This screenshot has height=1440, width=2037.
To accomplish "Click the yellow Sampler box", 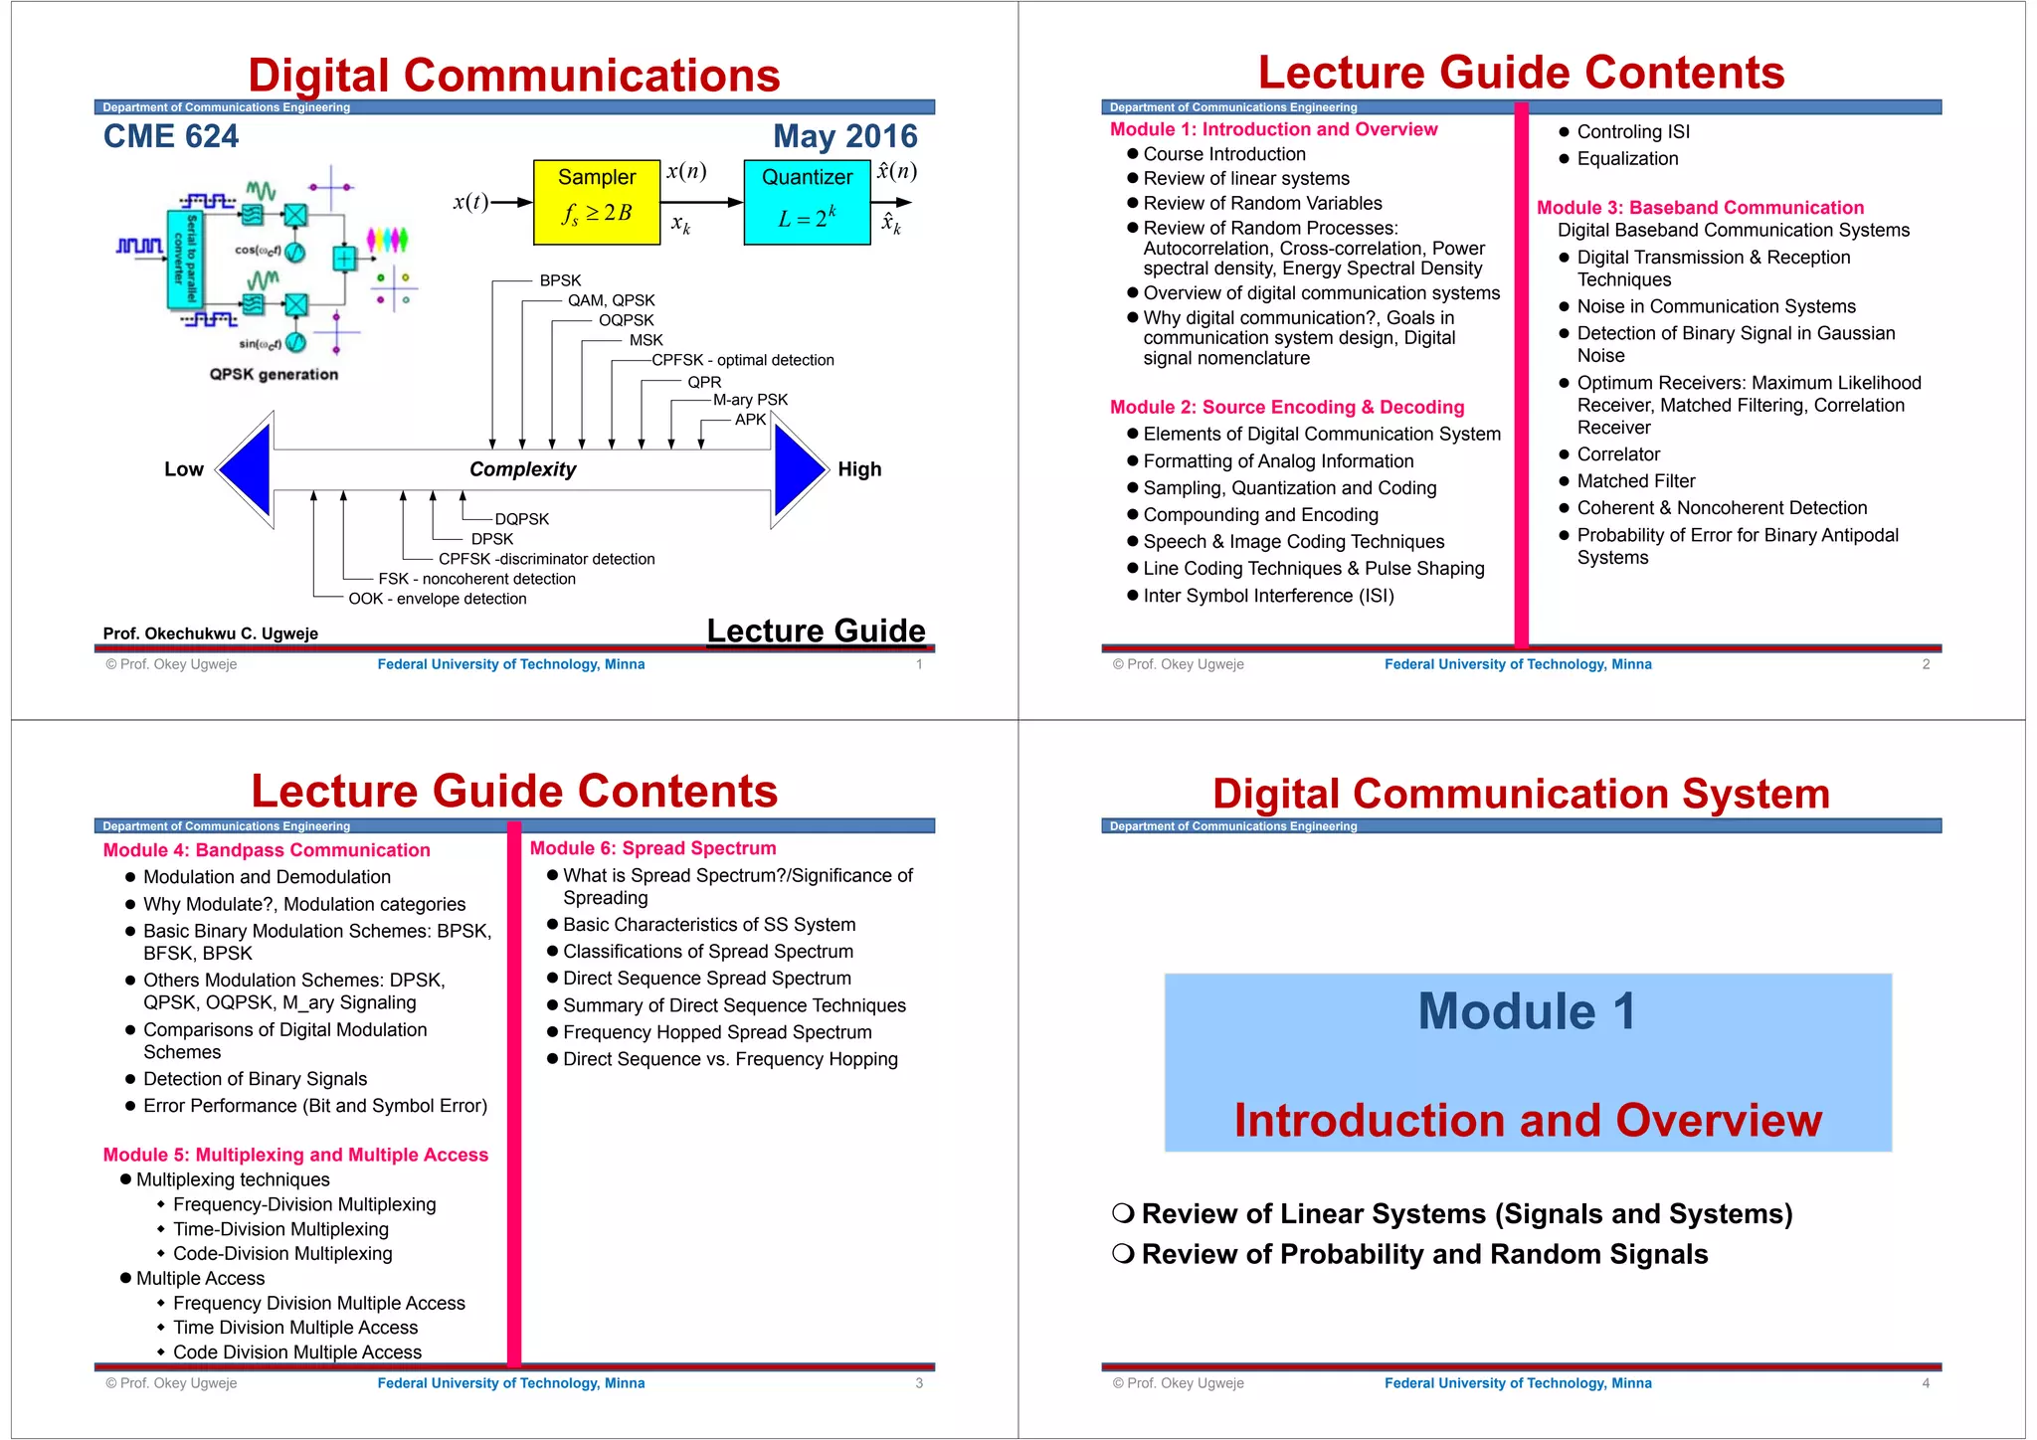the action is tap(597, 202).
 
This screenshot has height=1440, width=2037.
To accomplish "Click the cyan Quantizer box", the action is tap(807, 202).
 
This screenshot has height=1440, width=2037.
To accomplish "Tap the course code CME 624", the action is tap(171, 136).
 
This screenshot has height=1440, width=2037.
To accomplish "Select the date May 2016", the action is tap(845, 136).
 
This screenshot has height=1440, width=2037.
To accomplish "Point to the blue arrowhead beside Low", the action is tap(246, 469).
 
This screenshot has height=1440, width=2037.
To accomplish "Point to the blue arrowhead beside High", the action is tap(799, 469).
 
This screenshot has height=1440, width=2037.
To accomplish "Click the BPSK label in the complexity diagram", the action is tap(560, 280).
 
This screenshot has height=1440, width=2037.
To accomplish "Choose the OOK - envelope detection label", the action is tap(438, 599).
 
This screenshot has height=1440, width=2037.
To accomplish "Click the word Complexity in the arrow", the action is tap(522, 469).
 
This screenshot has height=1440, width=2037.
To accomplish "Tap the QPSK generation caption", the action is tap(274, 374).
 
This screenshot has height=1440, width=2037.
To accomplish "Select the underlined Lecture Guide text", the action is tap(816, 630).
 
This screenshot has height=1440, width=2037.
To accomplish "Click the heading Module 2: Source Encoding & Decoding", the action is tap(1287, 407).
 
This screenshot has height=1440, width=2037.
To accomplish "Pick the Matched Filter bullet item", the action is tap(1636, 481).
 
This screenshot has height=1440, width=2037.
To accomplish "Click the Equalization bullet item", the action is tap(1627, 159).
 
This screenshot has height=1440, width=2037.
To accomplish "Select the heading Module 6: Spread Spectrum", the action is tap(652, 848).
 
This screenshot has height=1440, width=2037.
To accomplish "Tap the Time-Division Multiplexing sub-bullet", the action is tap(280, 1229).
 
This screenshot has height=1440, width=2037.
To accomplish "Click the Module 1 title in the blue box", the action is tap(1527, 1011).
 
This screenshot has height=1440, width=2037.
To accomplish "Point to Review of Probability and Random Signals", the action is tap(1424, 1255).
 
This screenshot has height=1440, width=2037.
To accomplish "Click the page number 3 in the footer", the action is tap(919, 1383).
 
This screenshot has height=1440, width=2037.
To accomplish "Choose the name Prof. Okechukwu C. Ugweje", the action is tap(211, 633).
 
